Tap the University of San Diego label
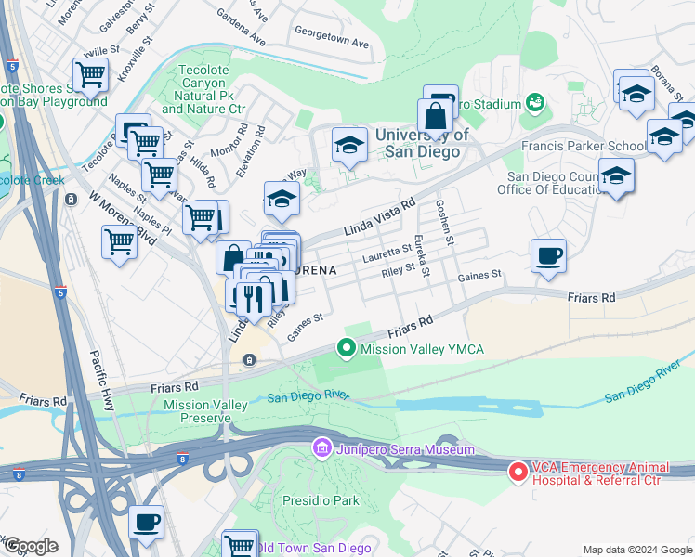coord(422,143)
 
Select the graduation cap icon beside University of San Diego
coord(349,145)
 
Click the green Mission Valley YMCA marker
coord(347,349)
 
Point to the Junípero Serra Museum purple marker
coord(322,449)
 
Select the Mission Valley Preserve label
coord(205,411)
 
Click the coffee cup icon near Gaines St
coord(548,255)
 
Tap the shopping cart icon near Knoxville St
coord(91,74)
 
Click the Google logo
coord(31,546)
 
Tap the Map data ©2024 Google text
coord(636,550)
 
